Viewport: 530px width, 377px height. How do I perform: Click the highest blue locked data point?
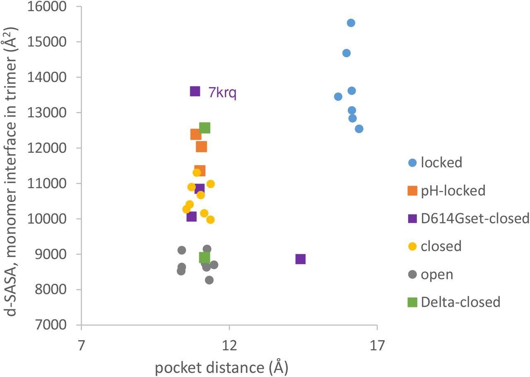351,23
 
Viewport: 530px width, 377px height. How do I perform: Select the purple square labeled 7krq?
195,91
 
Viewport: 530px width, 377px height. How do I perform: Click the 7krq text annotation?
222,92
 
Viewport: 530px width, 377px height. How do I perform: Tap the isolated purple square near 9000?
300,259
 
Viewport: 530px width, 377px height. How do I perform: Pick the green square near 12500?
205,128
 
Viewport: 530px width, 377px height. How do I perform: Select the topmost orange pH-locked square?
196,134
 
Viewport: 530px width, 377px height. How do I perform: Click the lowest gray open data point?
209,280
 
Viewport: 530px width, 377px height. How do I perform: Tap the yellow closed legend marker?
412,246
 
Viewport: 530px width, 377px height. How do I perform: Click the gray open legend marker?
412,274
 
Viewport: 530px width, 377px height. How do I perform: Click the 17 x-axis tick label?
376,345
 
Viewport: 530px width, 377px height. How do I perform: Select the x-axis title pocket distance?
222,367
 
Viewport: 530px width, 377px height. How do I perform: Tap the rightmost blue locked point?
359,129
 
